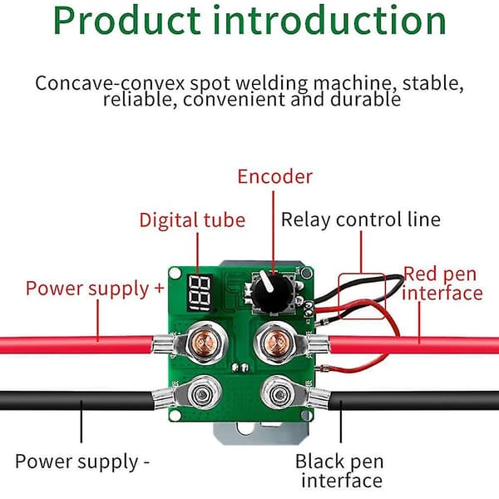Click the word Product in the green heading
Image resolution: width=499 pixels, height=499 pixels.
[127, 21]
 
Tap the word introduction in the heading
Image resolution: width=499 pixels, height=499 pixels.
[329, 20]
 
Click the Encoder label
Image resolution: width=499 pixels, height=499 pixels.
[275, 176]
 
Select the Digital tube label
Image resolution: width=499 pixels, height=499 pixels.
[193, 220]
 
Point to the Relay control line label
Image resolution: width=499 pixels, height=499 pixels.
[361, 220]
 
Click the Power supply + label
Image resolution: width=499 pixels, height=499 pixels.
[95, 289]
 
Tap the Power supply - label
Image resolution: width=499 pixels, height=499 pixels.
[82, 462]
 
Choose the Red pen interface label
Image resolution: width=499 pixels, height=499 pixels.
[442, 284]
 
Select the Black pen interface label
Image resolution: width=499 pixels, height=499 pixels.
[339, 471]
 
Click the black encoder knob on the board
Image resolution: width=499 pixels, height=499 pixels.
[272, 292]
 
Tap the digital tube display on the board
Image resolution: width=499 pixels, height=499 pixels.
[200, 293]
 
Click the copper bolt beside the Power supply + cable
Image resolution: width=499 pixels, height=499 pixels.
[204, 343]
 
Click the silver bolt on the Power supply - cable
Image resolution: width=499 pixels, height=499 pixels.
[203, 394]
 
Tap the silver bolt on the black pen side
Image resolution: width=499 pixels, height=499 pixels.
[279, 394]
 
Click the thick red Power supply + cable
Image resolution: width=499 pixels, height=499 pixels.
[77, 345]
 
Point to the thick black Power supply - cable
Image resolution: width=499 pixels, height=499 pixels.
[77, 400]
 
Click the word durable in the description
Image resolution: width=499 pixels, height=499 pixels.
[365, 99]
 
